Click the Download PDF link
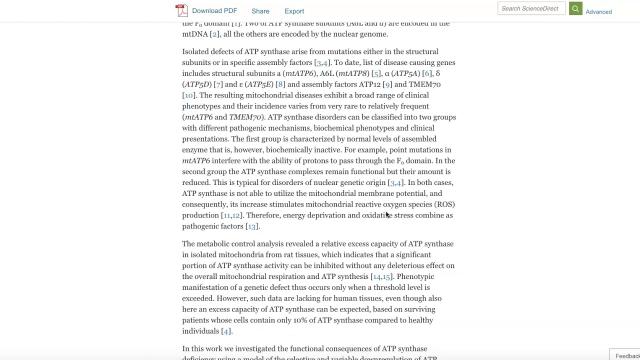[214, 11]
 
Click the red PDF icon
[181, 10]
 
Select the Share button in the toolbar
[260, 11]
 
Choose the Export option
[294, 11]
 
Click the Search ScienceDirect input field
[530, 8]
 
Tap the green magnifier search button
[575, 8]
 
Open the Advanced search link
[598, 11]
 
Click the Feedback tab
[626, 355]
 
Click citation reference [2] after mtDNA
[214, 34]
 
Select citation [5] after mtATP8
[376, 73]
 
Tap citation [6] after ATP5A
[427, 73]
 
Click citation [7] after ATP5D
[218, 84]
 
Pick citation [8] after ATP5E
[280, 84]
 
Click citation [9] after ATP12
[387, 84]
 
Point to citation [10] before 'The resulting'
[188, 95]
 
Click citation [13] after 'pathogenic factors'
[251, 226]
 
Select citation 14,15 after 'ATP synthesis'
[381, 276]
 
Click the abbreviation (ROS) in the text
[444, 204]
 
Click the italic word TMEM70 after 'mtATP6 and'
[245, 117]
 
